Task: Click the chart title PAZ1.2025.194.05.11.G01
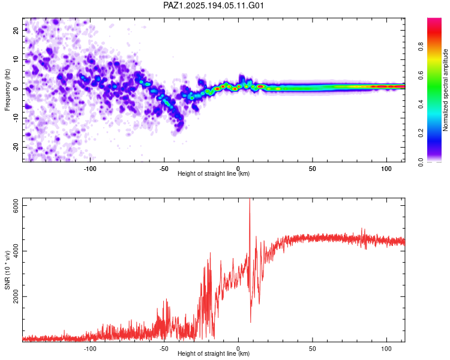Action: coord(213,5)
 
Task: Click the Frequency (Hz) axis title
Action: coord(7,90)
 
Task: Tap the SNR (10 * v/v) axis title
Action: coord(7,270)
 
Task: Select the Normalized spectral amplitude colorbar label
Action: coord(445,90)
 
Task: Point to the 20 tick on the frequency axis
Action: coord(16,30)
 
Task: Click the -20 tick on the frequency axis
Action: coord(16,147)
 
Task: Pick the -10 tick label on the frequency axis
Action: coord(16,118)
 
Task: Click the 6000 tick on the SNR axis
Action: coord(16,206)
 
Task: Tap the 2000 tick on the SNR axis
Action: coord(16,296)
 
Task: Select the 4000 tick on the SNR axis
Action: coord(16,251)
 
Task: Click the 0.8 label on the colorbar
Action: coord(421,46)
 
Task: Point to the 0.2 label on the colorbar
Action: coord(421,133)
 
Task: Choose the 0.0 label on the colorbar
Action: coord(421,162)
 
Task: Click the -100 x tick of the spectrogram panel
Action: coord(90,169)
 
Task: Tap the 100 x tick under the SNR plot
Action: coord(386,349)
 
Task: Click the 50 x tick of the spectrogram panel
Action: coord(312,169)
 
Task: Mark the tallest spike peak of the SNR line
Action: coord(250,199)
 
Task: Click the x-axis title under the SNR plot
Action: coord(214,353)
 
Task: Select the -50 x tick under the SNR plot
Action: coord(164,349)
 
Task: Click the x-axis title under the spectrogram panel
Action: coord(214,173)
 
